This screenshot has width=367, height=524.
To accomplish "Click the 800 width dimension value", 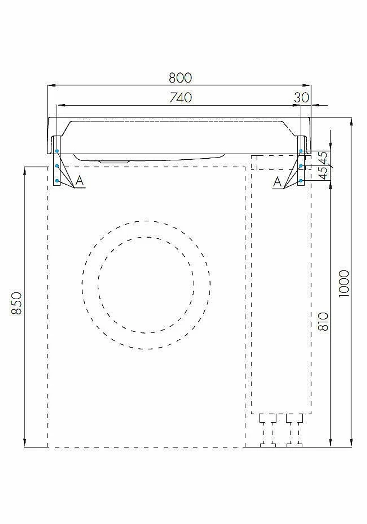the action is [x=180, y=78].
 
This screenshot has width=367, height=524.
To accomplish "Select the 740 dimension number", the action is [x=181, y=98].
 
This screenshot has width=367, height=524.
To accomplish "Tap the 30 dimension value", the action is [x=301, y=98].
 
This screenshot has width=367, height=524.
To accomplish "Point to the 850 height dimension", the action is [x=17, y=303].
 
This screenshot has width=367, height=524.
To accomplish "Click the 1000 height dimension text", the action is [x=344, y=283].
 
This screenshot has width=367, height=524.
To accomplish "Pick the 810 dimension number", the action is [x=323, y=321].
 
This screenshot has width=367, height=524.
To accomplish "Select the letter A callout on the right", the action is [x=277, y=182].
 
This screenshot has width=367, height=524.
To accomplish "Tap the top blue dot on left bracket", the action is [x=57, y=151].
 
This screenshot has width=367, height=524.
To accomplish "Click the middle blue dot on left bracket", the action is [x=57, y=166].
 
